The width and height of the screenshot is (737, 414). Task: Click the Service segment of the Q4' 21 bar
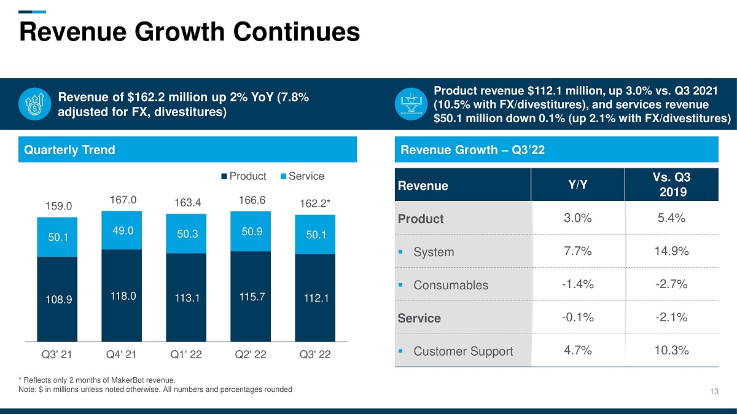pyautogui.click(x=122, y=230)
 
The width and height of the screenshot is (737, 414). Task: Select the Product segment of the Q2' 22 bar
pyautogui.click(x=251, y=297)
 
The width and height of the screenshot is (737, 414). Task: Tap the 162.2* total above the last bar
pyautogui.click(x=314, y=203)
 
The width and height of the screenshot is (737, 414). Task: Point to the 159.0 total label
pyautogui.click(x=58, y=206)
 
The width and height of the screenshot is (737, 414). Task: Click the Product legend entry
pyautogui.click(x=244, y=176)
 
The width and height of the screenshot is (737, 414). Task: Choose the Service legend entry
pyautogui.click(x=302, y=176)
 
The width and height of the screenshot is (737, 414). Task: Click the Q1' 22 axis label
pyautogui.click(x=186, y=354)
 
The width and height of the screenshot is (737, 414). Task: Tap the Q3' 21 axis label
pyautogui.click(x=57, y=354)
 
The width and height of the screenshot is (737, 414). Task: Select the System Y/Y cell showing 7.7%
pyautogui.click(x=578, y=251)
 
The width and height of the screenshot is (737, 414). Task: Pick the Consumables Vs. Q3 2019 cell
pyautogui.click(x=671, y=284)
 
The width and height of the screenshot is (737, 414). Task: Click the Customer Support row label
pyautogui.click(x=463, y=351)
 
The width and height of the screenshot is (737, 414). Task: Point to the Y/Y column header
pyautogui.click(x=578, y=185)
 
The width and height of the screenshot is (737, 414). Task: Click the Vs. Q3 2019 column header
pyautogui.click(x=671, y=185)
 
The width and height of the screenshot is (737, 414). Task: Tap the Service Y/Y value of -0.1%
pyautogui.click(x=578, y=317)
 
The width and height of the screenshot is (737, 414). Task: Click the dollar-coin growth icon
pyautogui.click(x=34, y=104)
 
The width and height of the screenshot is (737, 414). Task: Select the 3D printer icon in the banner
pyautogui.click(x=411, y=104)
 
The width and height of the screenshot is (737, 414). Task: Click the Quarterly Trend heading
pyautogui.click(x=69, y=150)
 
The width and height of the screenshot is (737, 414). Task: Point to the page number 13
pyautogui.click(x=714, y=391)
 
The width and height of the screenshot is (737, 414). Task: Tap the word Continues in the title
pyautogui.click(x=297, y=31)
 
